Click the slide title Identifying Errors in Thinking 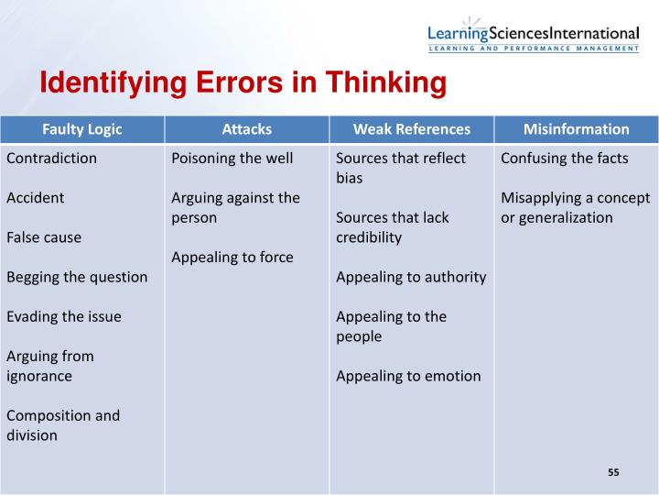tap(242, 84)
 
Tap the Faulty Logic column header tap(82, 129)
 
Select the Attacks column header tap(246, 129)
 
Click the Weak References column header tap(411, 129)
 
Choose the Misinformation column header tap(576, 129)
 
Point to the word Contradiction tap(51, 158)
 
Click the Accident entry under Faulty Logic tap(35, 197)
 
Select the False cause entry tap(44, 237)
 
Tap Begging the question tap(77, 277)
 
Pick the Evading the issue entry tap(64, 316)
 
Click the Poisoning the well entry tap(232, 158)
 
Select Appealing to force tap(232, 257)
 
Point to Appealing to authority tap(411, 277)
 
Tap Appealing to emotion tap(408, 375)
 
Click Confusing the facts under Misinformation tap(565, 158)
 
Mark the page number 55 tap(613, 472)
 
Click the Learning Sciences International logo tap(533, 35)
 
